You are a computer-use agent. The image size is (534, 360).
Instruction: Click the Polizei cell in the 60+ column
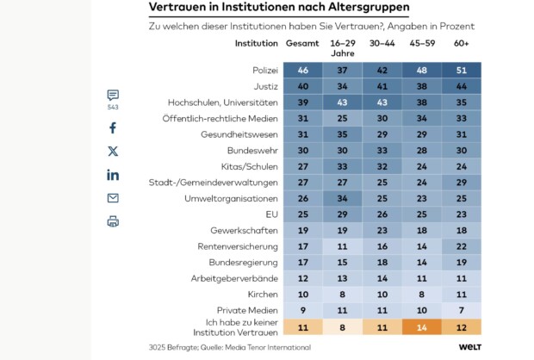coord(461,70)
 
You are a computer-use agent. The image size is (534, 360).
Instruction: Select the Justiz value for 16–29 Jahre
coord(342,85)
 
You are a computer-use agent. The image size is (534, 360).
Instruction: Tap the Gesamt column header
coord(302,42)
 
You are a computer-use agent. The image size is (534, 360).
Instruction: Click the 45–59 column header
coord(421,42)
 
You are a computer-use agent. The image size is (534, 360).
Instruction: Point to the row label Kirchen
coord(263,295)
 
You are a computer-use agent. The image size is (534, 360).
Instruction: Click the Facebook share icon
coord(113,128)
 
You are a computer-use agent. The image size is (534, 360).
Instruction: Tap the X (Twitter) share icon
coord(113,152)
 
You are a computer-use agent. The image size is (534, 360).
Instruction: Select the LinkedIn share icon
coord(113,175)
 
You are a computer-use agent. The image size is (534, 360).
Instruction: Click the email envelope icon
coord(113,198)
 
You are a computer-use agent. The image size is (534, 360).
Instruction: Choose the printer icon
coord(113,221)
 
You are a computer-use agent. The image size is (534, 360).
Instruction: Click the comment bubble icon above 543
coord(113,96)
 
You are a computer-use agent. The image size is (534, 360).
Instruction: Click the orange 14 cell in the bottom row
coord(421,327)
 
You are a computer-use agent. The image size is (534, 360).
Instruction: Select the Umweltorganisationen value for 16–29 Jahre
coord(342,198)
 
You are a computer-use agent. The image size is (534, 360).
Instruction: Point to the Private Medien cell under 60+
coord(461,310)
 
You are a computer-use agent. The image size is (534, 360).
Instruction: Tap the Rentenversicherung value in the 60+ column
coord(461,246)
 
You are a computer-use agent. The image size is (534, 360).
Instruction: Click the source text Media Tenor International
coord(268,347)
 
